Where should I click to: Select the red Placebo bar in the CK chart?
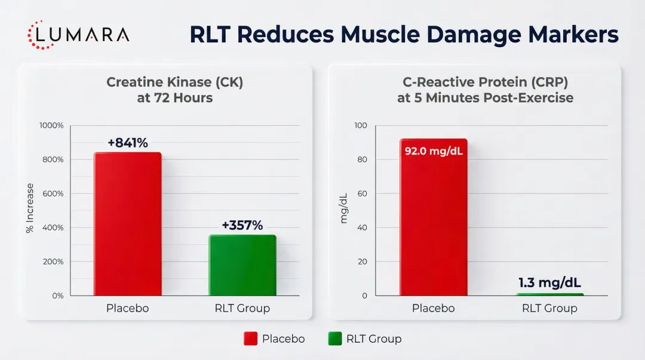127,224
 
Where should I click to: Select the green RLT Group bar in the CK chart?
242,265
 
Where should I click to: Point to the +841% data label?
127,143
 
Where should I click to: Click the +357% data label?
242,226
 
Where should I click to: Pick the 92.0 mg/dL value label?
434,150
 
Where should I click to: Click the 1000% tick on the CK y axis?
51,126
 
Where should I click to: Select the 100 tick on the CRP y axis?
360,126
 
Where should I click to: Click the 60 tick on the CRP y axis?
362,194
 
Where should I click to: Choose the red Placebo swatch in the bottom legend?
250,339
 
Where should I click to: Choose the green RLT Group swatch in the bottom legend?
334,339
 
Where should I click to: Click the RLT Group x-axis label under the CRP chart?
549,309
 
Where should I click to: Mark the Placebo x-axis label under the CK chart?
127,309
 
